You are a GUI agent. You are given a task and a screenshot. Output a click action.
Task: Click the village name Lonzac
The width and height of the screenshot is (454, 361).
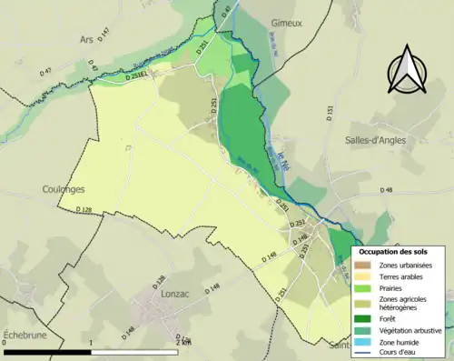(x=160, y=308)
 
